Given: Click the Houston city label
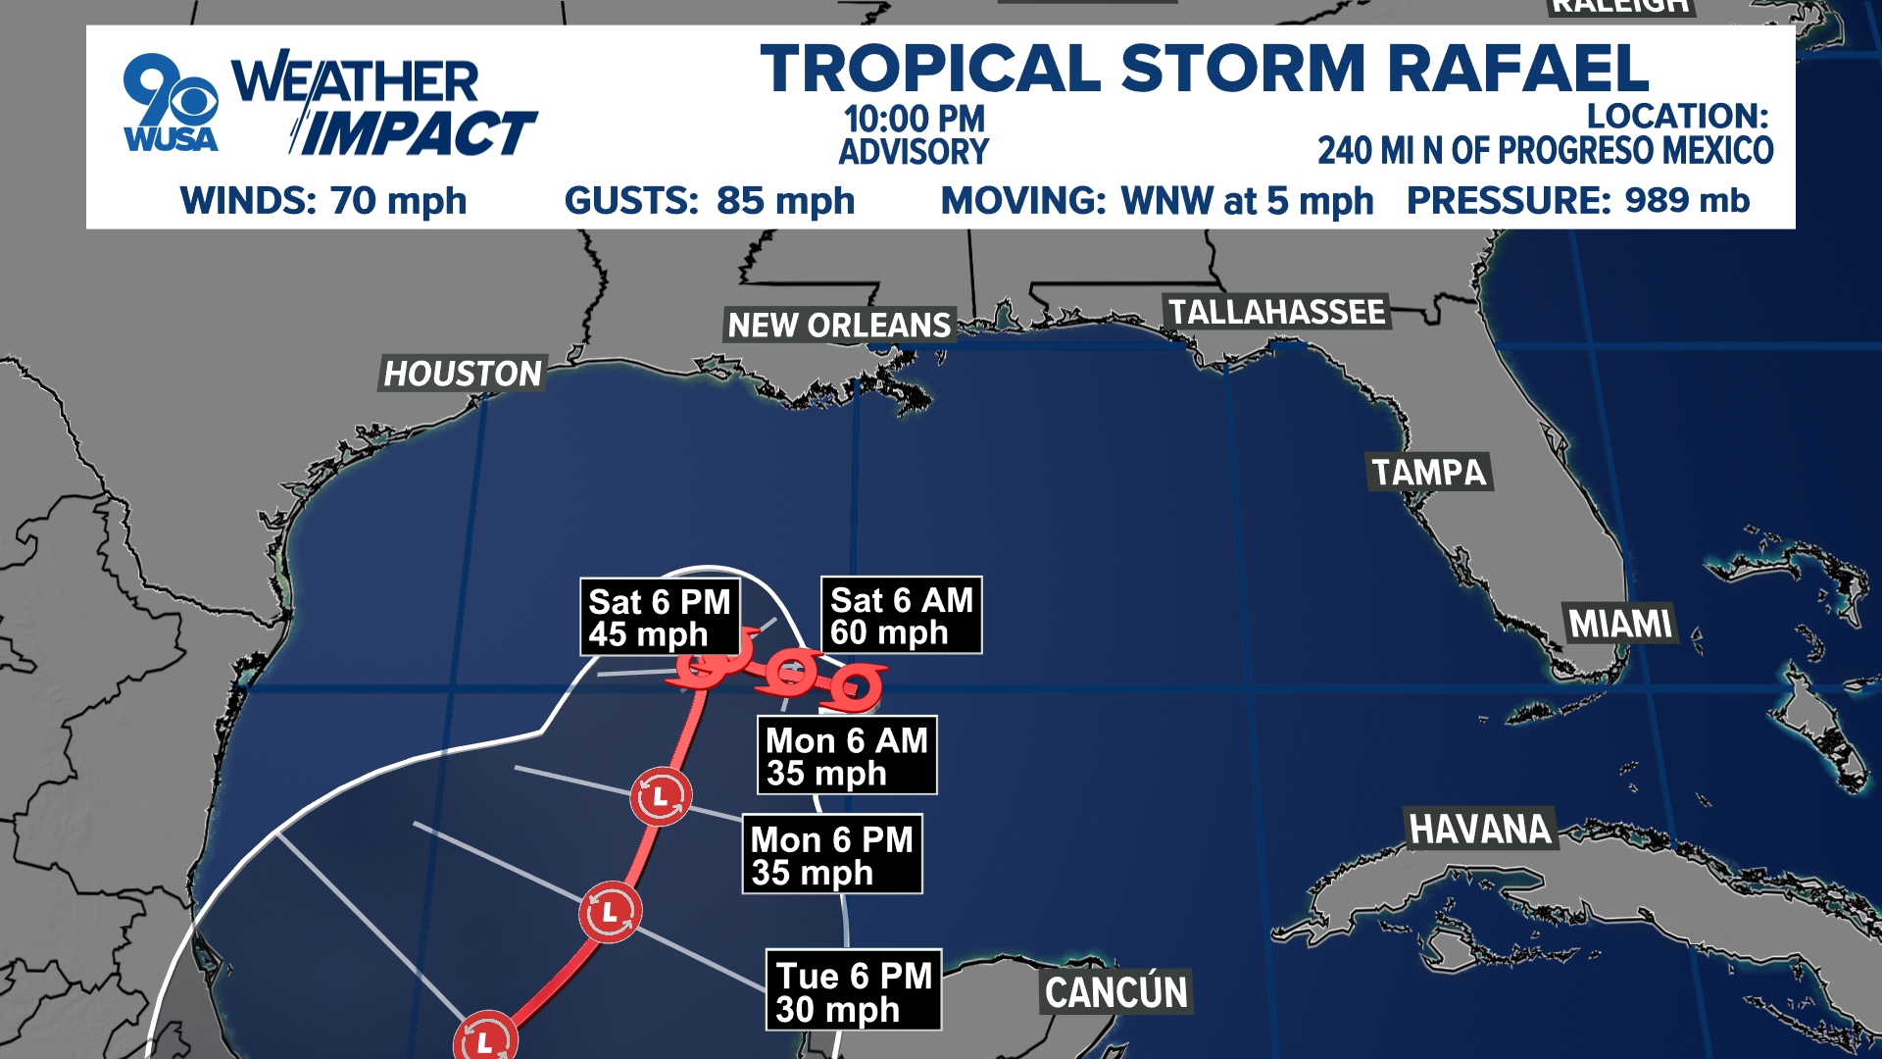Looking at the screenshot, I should pyautogui.click(x=462, y=374).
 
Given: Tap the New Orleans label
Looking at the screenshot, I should pyautogui.click(x=839, y=325).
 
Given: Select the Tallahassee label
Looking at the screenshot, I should pyautogui.click(x=1276, y=312).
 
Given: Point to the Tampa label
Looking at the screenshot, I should pyautogui.click(x=1429, y=473).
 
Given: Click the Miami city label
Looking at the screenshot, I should pyautogui.click(x=1620, y=624).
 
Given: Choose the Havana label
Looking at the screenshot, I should pyautogui.click(x=1480, y=830).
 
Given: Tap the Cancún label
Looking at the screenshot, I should pyautogui.click(x=1116, y=992).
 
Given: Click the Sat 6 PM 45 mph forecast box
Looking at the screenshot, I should pyautogui.click(x=660, y=618).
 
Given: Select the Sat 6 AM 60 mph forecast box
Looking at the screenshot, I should pyautogui.click(x=901, y=616).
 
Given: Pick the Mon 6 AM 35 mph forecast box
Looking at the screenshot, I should pyautogui.click(x=847, y=756).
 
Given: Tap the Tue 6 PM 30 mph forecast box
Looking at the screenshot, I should pyautogui.click(x=853, y=991).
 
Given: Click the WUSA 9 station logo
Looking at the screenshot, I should pyautogui.click(x=171, y=104).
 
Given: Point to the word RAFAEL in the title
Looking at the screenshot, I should pyautogui.click(x=1517, y=69).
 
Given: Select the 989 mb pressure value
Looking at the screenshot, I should pyautogui.click(x=1687, y=200).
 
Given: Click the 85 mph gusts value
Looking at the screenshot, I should pyautogui.click(x=785, y=201).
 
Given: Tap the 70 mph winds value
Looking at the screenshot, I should pyautogui.click(x=398, y=201).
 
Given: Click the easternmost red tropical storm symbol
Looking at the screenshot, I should pyautogui.click(x=854, y=686).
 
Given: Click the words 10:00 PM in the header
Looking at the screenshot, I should pyautogui.click(x=914, y=120).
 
